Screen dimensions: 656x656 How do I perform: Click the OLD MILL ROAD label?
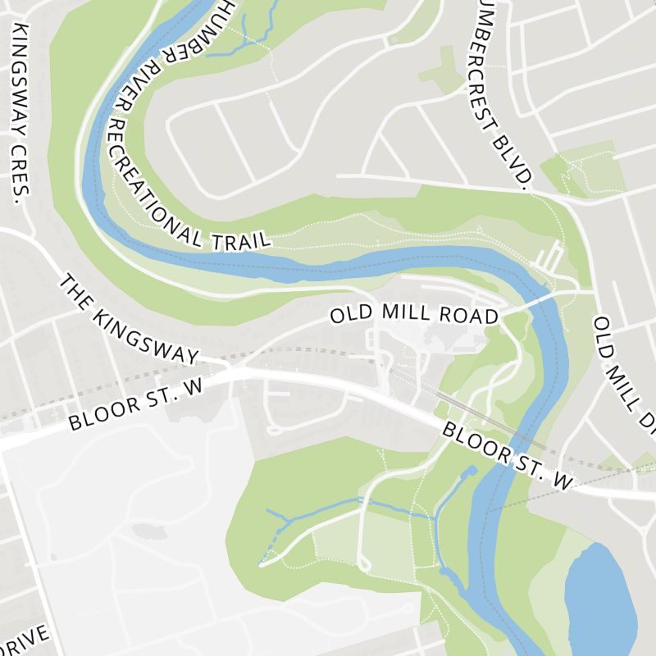pyautogui.click(x=414, y=316)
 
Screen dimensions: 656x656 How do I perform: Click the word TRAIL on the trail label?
pyautogui.click(x=241, y=237)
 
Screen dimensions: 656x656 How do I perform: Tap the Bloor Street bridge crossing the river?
pyautogui.click(x=504, y=459)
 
